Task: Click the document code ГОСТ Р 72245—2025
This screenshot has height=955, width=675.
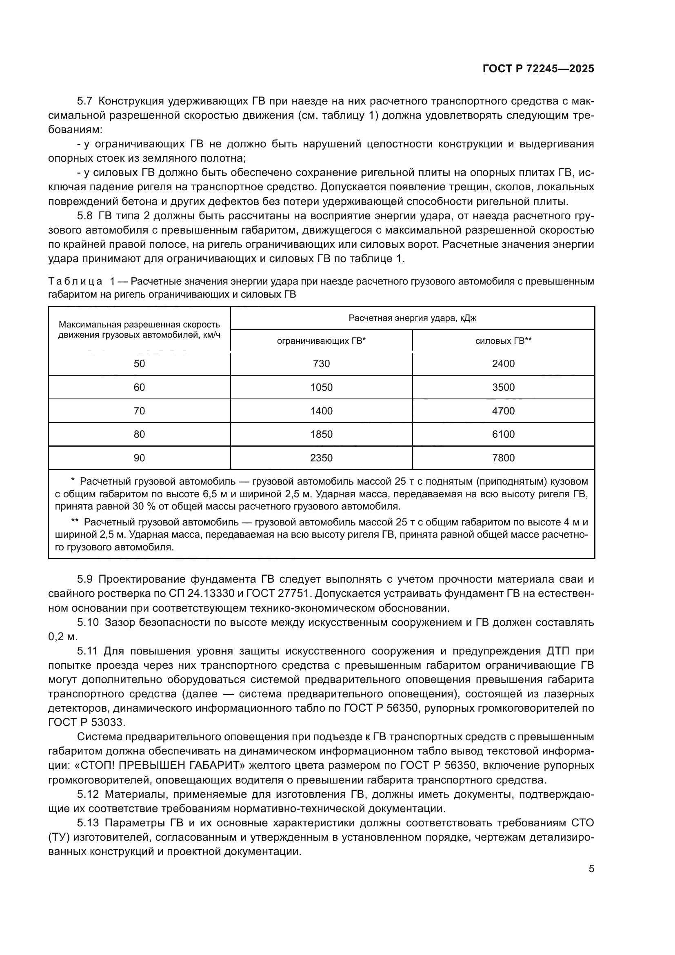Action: pyautogui.click(x=538, y=69)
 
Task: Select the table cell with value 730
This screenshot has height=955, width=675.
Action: pyautogui.click(x=321, y=364)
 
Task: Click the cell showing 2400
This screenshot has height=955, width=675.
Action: pyautogui.click(x=503, y=364)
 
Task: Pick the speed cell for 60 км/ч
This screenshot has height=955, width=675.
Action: pyautogui.click(x=139, y=387)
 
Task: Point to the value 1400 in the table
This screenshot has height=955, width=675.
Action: pyautogui.click(x=321, y=412)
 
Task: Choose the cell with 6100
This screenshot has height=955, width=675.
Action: pyautogui.click(x=503, y=435)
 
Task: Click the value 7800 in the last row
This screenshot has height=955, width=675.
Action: pyautogui.click(x=503, y=459)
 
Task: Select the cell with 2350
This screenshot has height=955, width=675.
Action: pyautogui.click(x=321, y=459)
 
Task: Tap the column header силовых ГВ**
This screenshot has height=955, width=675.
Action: pyautogui.click(x=503, y=341)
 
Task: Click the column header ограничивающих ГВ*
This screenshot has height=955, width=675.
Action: pyautogui.click(x=321, y=341)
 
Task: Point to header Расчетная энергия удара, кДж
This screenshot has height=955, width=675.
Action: pyautogui.click(x=412, y=318)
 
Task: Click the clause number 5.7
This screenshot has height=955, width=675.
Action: pyautogui.click(x=85, y=102)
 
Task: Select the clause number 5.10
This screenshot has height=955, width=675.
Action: pyautogui.click(x=88, y=623)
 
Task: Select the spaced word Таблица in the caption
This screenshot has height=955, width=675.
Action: pyautogui.click(x=75, y=282)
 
